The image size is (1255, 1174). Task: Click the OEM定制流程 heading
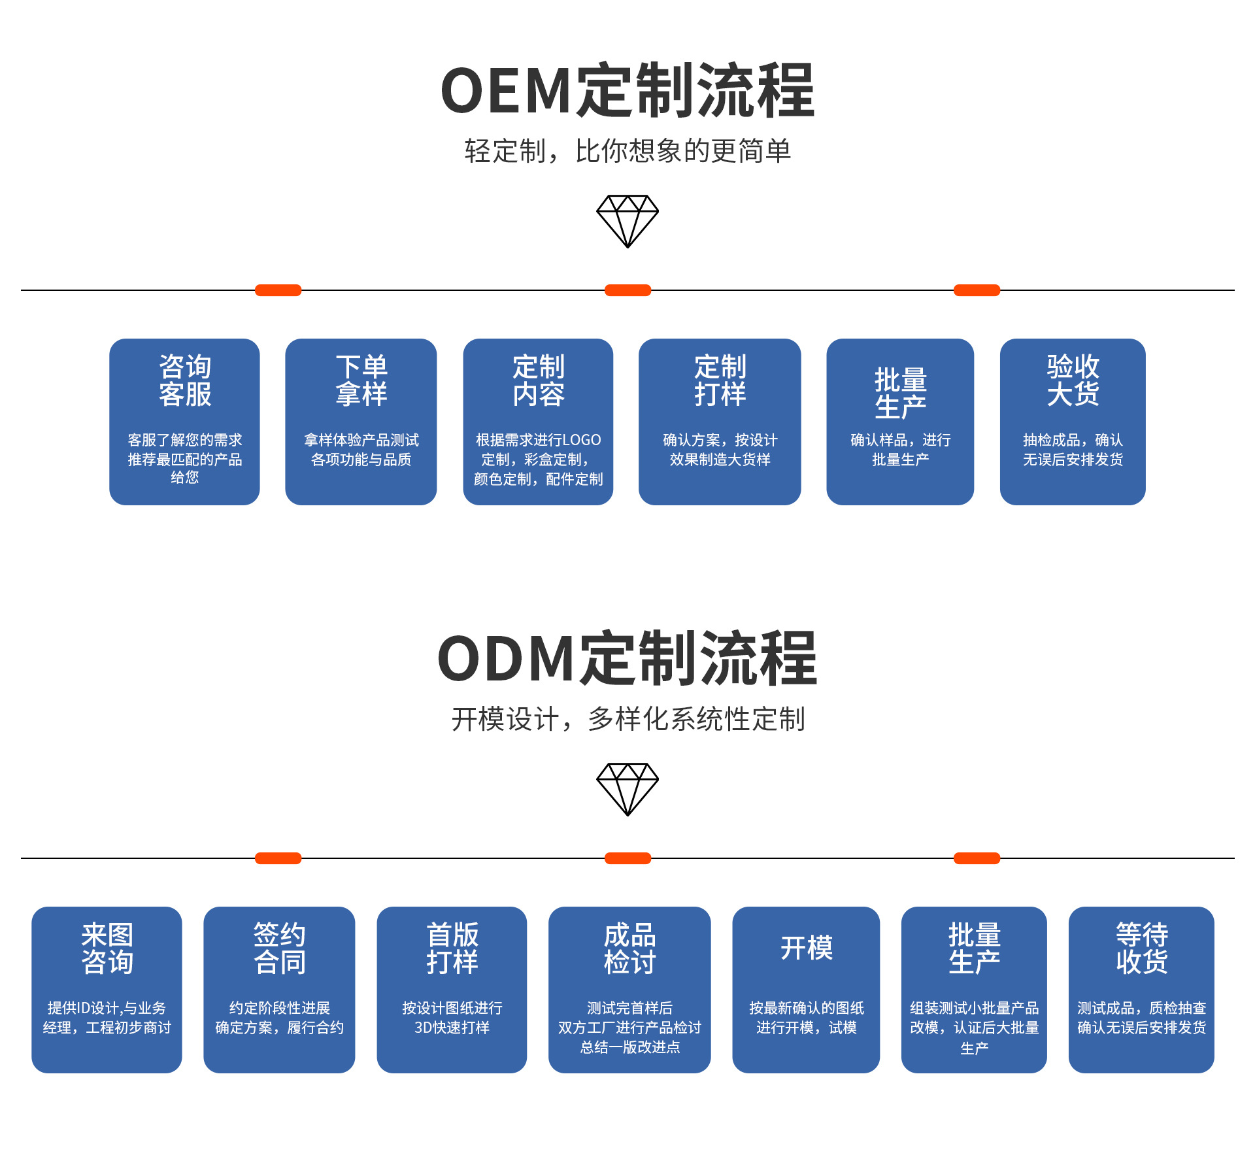[627, 91]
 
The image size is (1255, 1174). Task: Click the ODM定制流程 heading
[627, 659]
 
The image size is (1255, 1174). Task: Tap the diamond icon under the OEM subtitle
[627, 221]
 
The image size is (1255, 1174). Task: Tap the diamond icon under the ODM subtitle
[627, 789]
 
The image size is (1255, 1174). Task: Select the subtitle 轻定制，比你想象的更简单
[627, 151]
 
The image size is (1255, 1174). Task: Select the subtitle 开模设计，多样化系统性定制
[627, 719]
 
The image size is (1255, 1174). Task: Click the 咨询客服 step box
[184, 422]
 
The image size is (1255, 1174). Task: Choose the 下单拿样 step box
[361, 422]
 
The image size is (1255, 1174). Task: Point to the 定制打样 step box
[720, 422]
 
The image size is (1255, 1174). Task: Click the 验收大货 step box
[1073, 422]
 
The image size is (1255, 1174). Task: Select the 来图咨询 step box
[107, 990]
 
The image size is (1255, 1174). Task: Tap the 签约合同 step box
[279, 990]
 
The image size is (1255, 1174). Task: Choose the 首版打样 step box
[452, 990]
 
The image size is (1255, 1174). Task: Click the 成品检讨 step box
[629, 990]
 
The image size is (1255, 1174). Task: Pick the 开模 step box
[806, 990]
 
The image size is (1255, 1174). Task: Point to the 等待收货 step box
[1141, 990]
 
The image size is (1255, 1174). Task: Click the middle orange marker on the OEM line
[627, 290]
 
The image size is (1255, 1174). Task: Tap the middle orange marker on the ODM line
[627, 858]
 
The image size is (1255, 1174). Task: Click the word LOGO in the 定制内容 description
[581, 440]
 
